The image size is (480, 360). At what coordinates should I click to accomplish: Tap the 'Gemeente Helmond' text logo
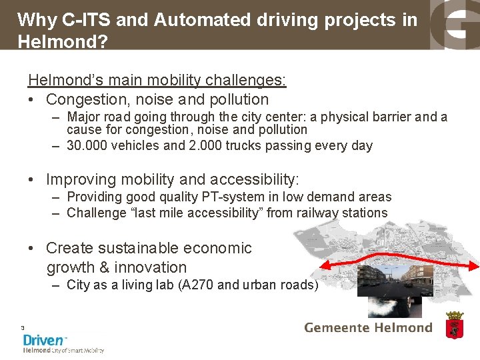[368, 328]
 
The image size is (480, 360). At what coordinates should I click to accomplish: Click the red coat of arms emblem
[454, 326]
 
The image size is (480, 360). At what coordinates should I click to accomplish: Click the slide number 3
[23, 328]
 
